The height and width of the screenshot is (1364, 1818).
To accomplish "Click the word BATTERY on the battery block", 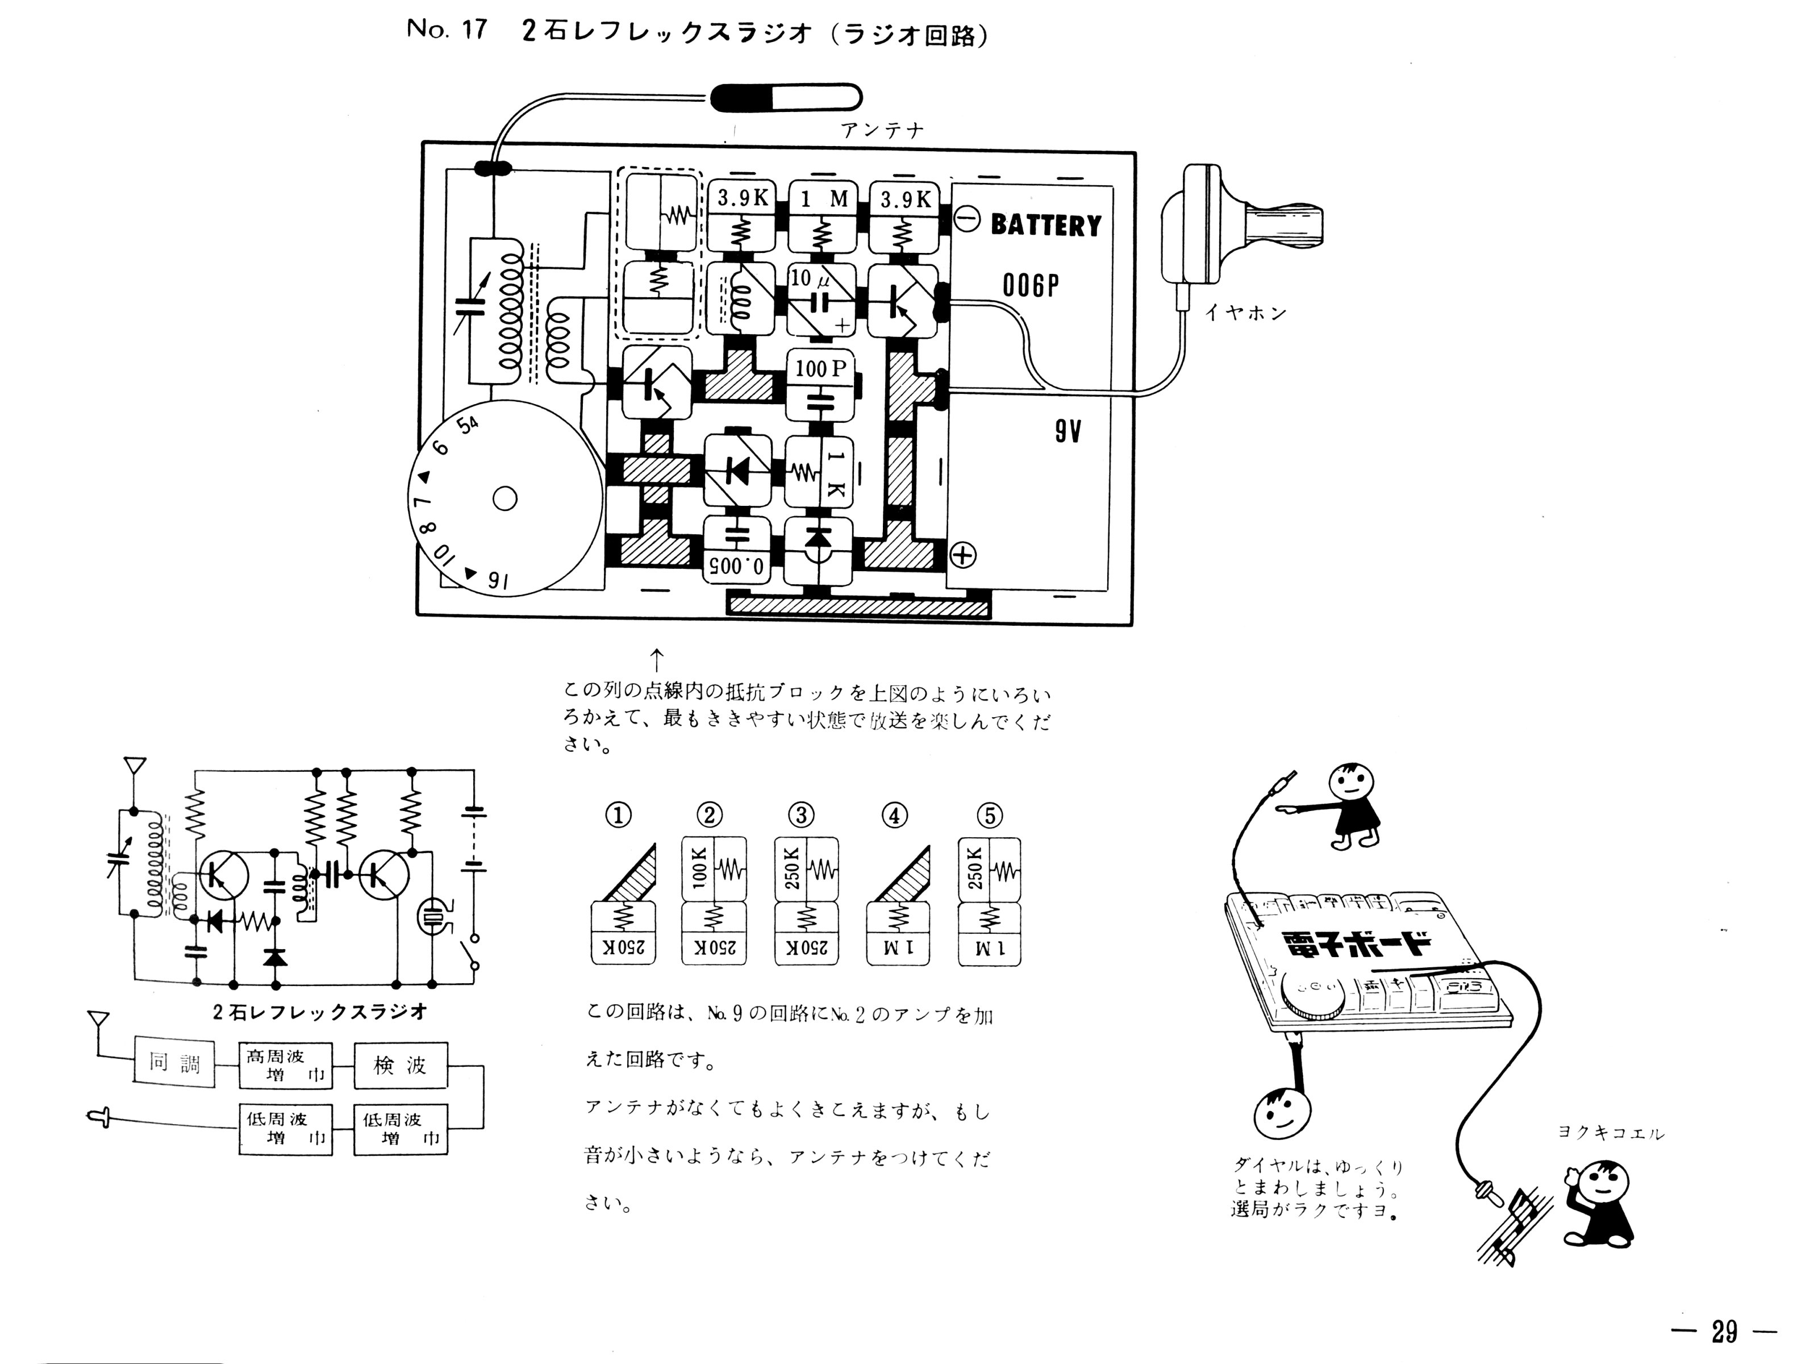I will point(1045,224).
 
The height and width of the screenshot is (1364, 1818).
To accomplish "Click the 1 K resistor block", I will point(819,473).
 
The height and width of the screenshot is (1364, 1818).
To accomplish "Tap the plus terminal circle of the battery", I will point(962,556).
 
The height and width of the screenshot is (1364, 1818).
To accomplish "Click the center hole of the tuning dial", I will point(504,498).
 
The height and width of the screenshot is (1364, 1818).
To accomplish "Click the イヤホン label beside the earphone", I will point(1246,313).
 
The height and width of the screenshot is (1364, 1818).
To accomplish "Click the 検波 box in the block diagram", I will point(401,1066).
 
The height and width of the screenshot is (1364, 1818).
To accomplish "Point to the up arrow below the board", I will point(657,659).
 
